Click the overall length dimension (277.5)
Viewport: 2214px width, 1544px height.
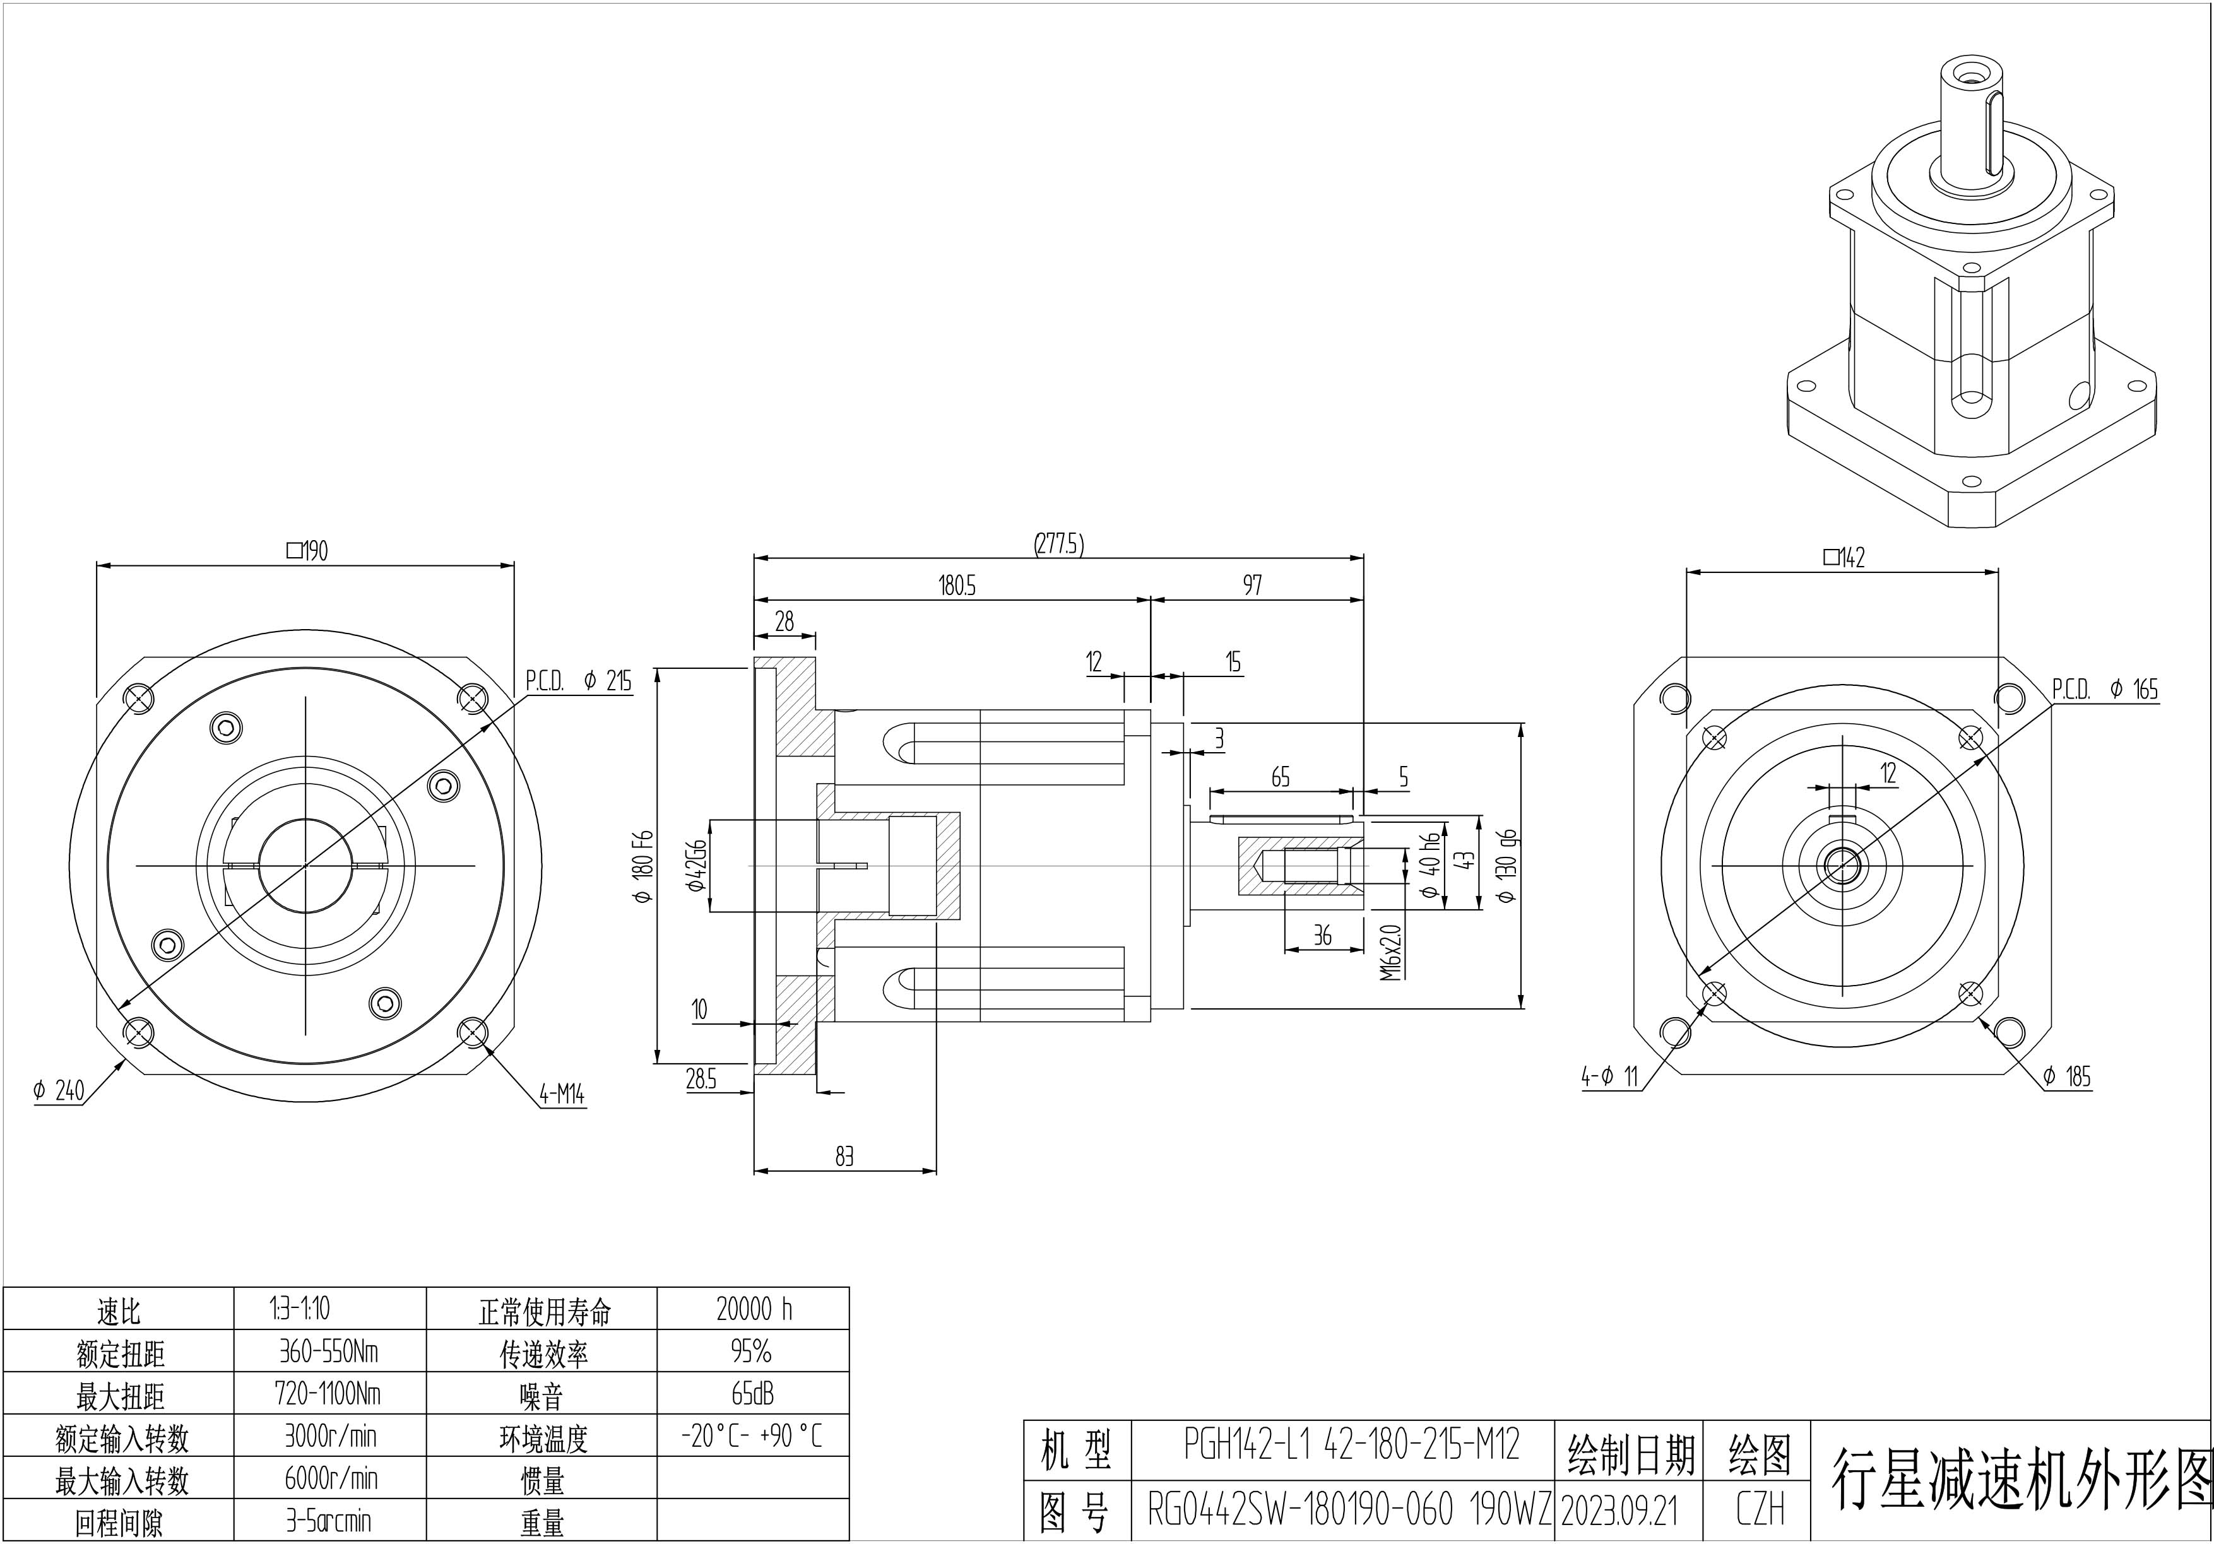pos(1059,545)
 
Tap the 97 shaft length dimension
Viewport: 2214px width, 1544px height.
pos(1252,585)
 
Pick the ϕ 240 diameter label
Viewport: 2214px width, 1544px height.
pos(59,1091)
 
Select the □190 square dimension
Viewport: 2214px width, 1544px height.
pos(307,551)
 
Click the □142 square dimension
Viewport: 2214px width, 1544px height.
pos(1844,557)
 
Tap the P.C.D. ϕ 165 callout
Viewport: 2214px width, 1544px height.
pos(2104,689)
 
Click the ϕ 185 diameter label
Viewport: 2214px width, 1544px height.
pos(2066,1076)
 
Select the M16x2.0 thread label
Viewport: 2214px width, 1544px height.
pos(1390,952)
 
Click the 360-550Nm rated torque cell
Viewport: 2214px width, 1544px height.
pos(329,1352)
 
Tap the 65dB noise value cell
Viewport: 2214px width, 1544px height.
pos(753,1394)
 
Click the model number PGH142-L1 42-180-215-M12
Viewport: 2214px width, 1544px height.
pos(1351,1445)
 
